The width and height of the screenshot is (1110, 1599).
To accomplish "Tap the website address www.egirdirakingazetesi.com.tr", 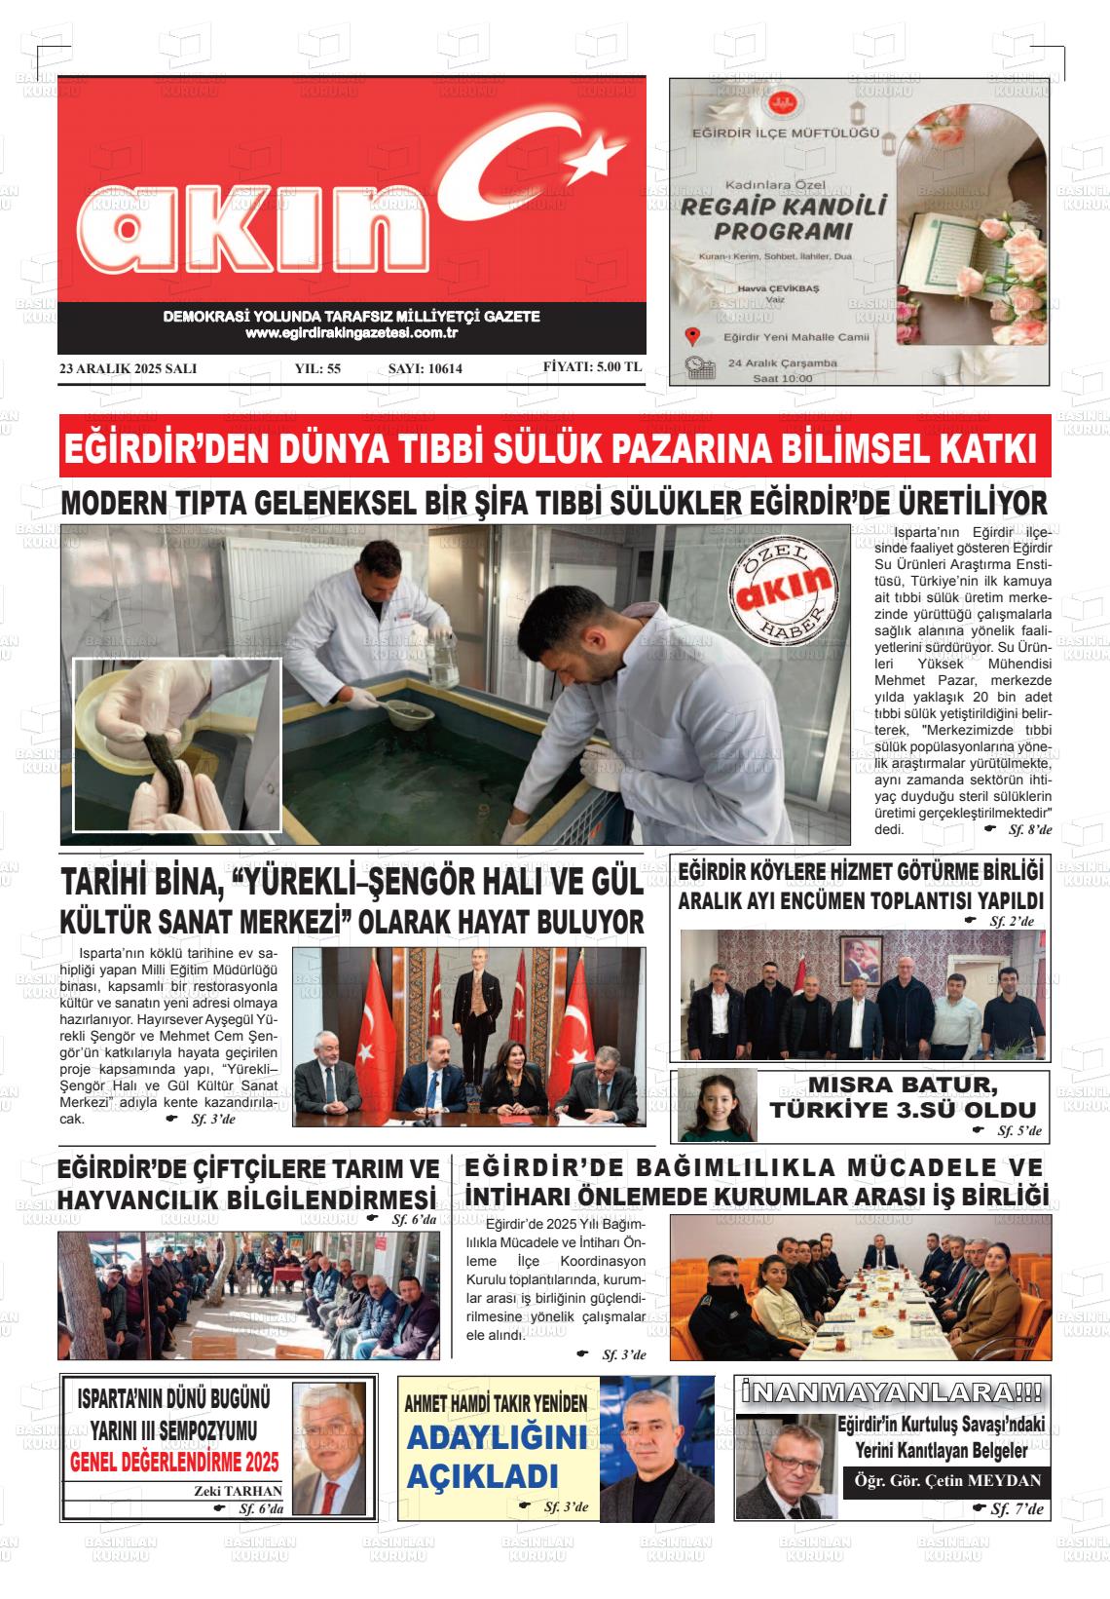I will pos(351,333).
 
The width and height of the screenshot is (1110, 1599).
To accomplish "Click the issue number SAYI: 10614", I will pos(425,368).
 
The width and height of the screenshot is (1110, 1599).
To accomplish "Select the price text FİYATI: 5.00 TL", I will pos(592,367).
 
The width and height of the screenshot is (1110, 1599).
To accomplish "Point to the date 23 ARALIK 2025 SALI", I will pos(129,368).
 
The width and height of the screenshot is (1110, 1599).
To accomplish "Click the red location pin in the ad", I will pos(692,337).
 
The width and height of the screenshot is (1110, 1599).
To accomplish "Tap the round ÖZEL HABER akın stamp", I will pos(785,588).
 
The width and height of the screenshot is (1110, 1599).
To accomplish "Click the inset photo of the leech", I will pos(176,743).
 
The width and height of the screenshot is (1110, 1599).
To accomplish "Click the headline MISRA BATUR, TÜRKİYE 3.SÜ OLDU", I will pos(903,1097).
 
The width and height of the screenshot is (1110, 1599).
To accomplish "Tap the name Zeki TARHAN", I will pos(238,1491).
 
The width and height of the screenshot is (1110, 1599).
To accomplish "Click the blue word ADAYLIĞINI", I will pos(496,1436).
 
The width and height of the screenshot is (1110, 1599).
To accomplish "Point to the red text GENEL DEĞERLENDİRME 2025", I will pos(174,1462).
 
